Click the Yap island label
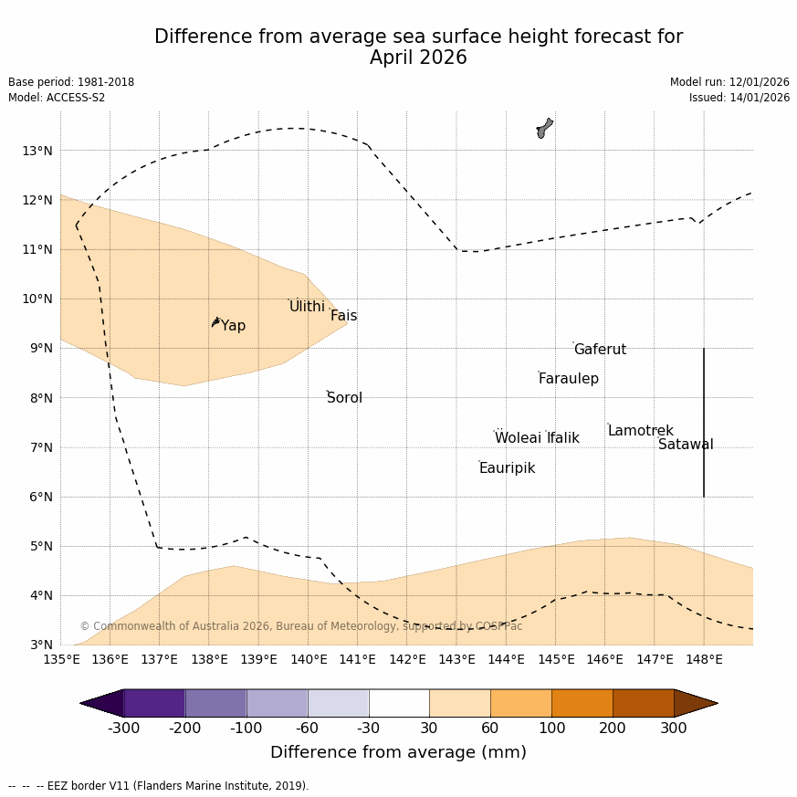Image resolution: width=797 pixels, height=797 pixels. click(x=233, y=326)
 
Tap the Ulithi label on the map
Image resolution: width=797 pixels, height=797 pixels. click(x=307, y=307)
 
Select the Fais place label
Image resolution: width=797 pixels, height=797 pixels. click(x=343, y=316)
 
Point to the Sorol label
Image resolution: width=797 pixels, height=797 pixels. click(x=344, y=398)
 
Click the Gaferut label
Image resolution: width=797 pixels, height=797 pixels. click(x=600, y=350)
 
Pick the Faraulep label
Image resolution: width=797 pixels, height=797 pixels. click(x=568, y=379)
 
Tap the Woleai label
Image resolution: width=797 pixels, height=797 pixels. click(x=518, y=438)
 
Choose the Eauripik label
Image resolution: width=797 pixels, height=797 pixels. click(x=507, y=468)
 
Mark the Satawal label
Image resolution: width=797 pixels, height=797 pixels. click(x=686, y=445)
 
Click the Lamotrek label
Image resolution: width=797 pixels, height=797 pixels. click(x=640, y=431)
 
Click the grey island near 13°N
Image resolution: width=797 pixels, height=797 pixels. click(x=544, y=128)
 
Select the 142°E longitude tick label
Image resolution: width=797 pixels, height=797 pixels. click(x=407, y=659)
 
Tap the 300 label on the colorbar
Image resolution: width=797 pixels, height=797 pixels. click(x=674, y=728)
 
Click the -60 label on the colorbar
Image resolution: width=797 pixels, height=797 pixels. click(x=308, y=728)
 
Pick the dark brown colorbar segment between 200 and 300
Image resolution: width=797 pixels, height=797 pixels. click(x=643, y=703)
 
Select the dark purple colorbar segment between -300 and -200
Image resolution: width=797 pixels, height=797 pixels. click(x=154, y=703)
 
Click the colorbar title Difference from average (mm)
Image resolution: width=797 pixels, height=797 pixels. click(x=398, y=752)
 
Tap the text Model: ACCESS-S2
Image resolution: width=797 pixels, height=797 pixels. click(x=57, y=98)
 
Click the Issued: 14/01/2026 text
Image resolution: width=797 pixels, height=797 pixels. click(x=739, y=98)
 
